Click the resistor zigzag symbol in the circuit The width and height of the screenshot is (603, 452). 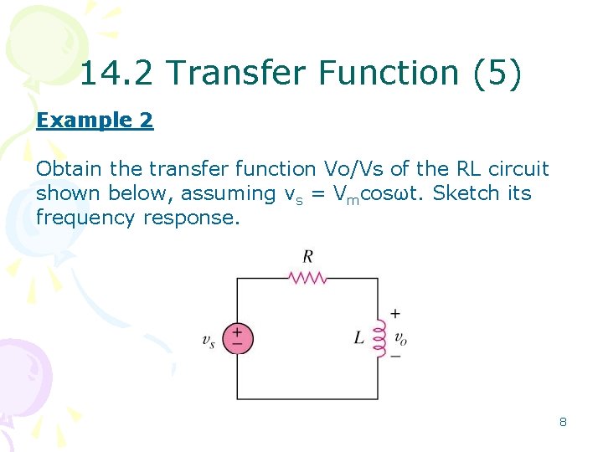pos(307,278)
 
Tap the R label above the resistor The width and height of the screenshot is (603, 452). pos(307,256)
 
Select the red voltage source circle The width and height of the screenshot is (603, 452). pos(237,338)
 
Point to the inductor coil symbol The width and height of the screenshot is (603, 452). pos(379,338)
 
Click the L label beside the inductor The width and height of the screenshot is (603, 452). pos(358,338)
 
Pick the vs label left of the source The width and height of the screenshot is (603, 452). pos(209,340)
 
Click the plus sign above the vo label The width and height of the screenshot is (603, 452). pos(395,315)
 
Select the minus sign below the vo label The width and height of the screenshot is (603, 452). pos(395,356)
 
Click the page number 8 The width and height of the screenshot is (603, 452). pos(563,422)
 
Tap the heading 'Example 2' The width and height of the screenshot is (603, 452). pos(95,121)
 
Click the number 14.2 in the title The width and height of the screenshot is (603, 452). pos(118,74)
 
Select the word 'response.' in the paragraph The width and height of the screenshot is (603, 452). pos(192,218)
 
